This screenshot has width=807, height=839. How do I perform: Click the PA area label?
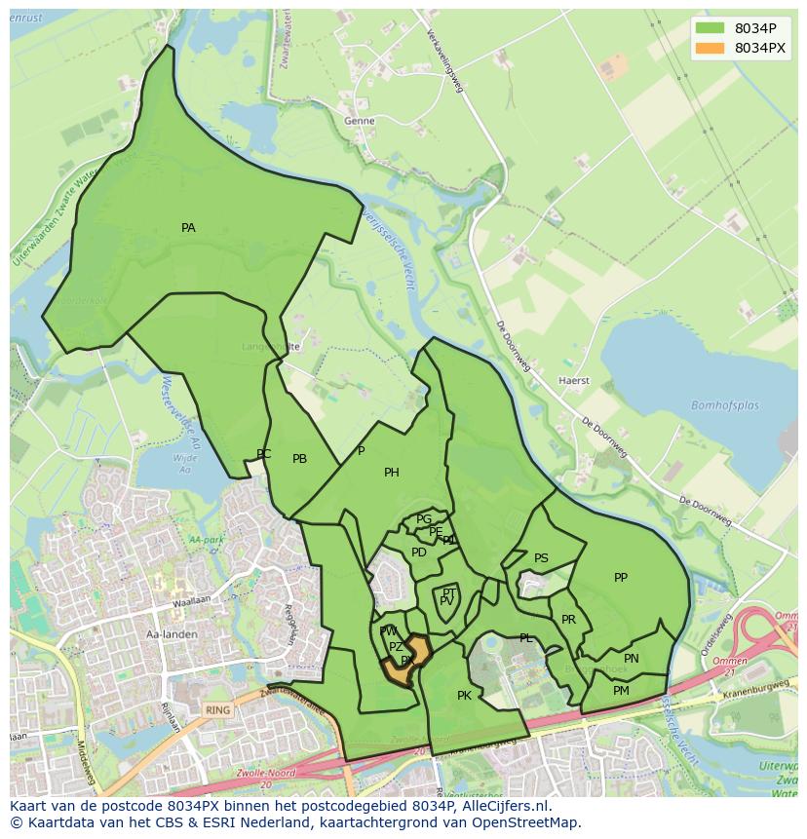(188, 228)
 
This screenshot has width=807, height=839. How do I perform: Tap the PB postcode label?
(300, 459)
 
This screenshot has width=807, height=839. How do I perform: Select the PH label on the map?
(392, 473)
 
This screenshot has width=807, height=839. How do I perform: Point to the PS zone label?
(541, 558)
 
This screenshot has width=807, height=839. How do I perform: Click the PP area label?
(621, 578)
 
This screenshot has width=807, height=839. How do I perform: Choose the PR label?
(569, 620)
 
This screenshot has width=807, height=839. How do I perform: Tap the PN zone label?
(632, 659)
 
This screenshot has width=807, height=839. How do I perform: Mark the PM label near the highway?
(621, 691)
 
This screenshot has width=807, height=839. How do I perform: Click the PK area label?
(464, 696)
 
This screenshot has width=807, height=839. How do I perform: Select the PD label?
(419, 553)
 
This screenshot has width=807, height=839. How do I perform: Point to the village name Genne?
(359, 121)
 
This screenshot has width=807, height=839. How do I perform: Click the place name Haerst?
(574, 380)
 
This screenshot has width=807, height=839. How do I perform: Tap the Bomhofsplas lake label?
(725, 405)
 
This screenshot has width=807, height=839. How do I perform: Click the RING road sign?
(218, 710)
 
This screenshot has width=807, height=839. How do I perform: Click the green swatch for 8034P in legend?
(711, 28)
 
